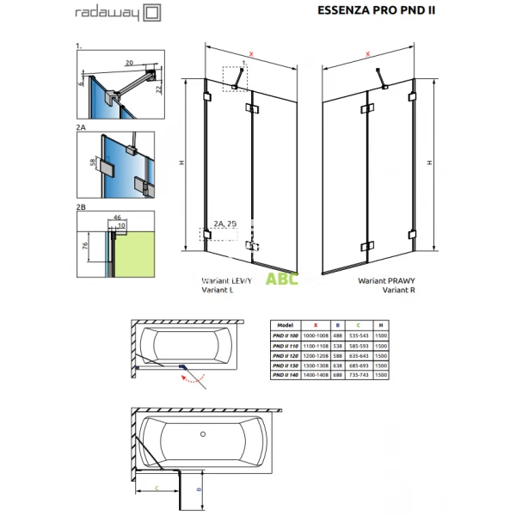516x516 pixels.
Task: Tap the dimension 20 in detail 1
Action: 128,62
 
